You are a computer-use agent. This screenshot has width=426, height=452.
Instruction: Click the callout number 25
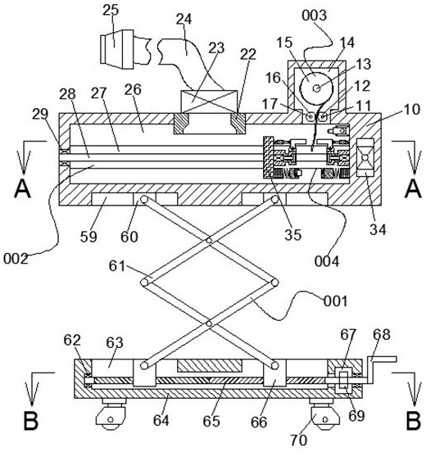coord(111,10)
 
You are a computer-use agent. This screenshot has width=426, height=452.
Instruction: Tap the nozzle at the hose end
coord(116,49)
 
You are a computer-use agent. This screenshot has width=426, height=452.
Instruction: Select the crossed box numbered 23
coord(209,102)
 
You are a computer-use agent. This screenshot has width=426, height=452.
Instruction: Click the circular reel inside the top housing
coord(317,88)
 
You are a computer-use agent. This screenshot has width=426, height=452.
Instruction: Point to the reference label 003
coord(314,15)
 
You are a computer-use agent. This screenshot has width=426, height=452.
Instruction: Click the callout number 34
coord(378,229)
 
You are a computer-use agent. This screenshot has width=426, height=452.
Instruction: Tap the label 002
coord(16,259)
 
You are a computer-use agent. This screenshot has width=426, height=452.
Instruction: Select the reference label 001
coord(335,301)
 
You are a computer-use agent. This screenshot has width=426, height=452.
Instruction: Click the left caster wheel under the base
coord(111,415)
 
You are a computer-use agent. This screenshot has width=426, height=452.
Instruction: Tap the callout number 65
coord(211,421)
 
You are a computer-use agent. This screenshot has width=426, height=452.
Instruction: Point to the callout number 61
coord(117,266)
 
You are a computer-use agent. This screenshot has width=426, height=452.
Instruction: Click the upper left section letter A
coord(22,188)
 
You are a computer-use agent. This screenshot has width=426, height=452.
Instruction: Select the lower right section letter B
coord(413,420)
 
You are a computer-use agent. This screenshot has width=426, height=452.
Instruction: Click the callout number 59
coord(88,237)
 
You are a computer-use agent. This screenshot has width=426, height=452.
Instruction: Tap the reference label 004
coord(327,261)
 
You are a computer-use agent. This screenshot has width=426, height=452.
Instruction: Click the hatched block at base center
coord(210,366)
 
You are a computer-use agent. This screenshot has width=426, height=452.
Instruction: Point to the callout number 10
coord(411,110)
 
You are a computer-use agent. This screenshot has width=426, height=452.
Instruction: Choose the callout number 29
coord(40,115)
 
